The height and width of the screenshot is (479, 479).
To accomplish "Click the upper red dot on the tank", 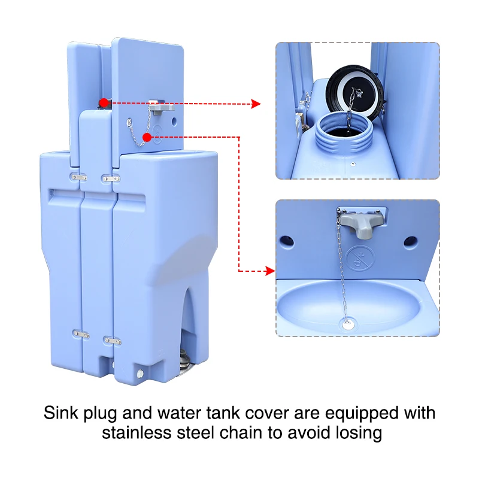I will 104,102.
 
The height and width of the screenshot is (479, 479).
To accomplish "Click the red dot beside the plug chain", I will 147,138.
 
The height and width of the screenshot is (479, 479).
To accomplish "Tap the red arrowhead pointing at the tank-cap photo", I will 256,104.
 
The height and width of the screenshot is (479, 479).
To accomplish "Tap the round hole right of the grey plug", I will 410,241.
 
